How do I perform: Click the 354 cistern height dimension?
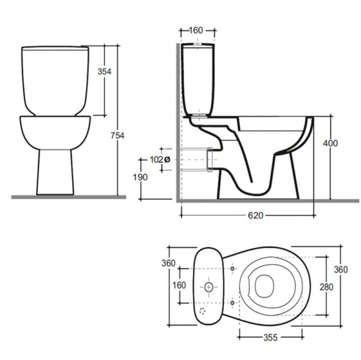[104, 72]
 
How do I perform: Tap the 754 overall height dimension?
[117, 135]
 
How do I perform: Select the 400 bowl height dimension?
[330, 143]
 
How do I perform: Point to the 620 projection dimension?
[255, 216]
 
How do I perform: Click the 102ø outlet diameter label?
[160, 159]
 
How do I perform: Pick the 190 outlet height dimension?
[140, 177]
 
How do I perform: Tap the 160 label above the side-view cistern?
[196, 30]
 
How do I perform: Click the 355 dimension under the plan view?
[271, 338]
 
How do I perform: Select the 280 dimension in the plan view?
[327, 287]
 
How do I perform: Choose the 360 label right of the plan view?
[341, 269]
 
